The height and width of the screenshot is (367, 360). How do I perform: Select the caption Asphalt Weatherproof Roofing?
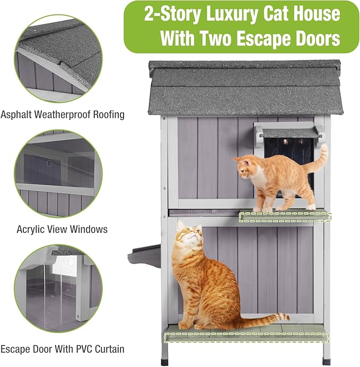tap(63, 114)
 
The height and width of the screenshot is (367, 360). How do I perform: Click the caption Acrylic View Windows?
tap(62, 229)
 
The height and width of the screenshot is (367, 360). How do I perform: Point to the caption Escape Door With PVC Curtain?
tap(63, 349)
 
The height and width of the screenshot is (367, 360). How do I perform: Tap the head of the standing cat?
tap(245, 168)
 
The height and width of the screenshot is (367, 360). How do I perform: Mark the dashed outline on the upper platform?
tap(285, 217)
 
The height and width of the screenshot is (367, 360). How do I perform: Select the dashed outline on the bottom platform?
tap(246, 337)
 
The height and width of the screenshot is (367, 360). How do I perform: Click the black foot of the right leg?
tap(326, 362)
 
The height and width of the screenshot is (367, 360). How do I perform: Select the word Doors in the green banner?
tap(321, 38)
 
